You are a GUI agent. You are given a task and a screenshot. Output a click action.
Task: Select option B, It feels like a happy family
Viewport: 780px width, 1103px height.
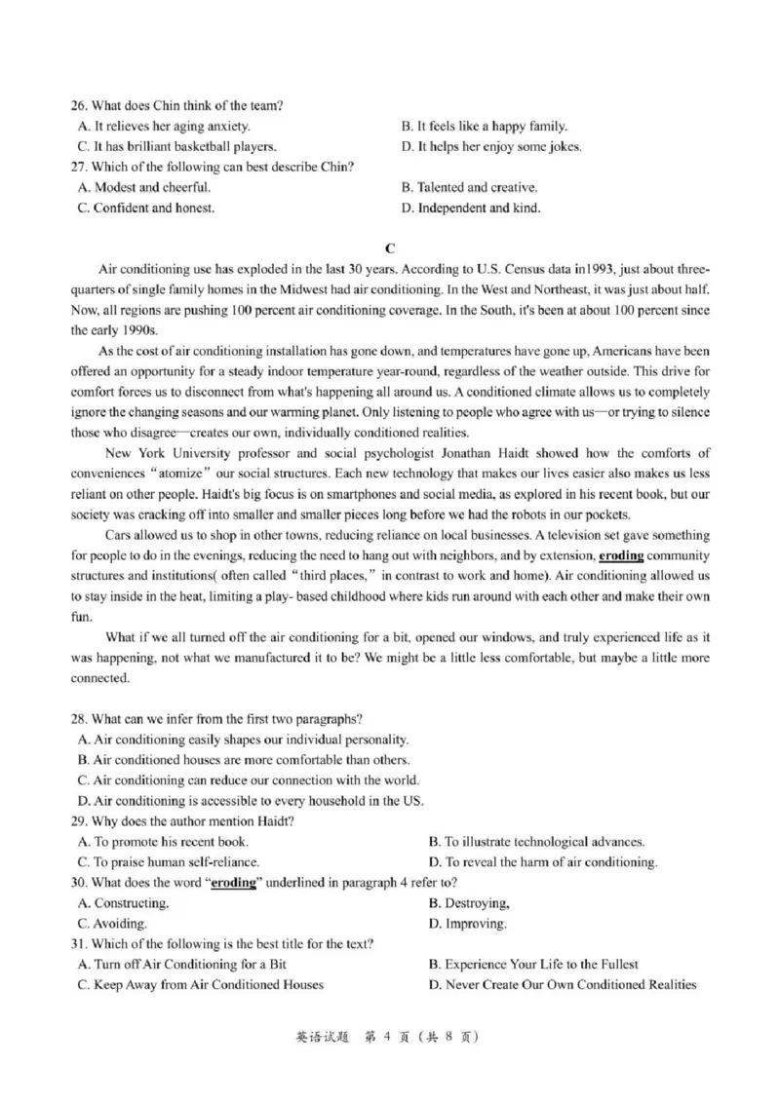pos(485,127)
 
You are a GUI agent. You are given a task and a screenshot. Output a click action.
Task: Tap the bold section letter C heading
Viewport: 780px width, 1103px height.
pos(390,248)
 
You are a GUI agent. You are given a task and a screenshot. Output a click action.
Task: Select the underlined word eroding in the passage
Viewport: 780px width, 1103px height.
pos(621,556)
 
